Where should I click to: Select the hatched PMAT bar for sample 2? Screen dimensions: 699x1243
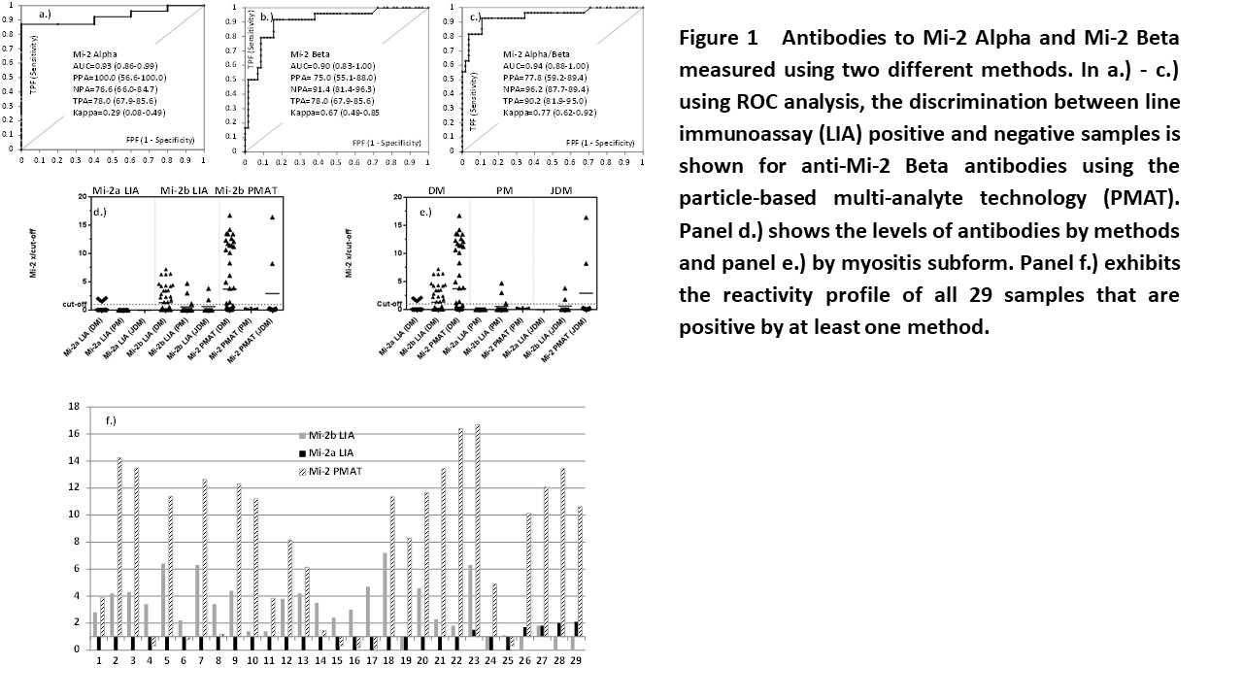point(118,553)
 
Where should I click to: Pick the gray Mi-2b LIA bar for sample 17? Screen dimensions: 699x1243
point(367,612)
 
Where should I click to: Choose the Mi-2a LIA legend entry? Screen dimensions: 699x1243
point(333,452)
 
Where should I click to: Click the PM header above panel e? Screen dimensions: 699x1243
point(503,187)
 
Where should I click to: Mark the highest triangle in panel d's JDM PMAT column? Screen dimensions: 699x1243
point(273,217)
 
